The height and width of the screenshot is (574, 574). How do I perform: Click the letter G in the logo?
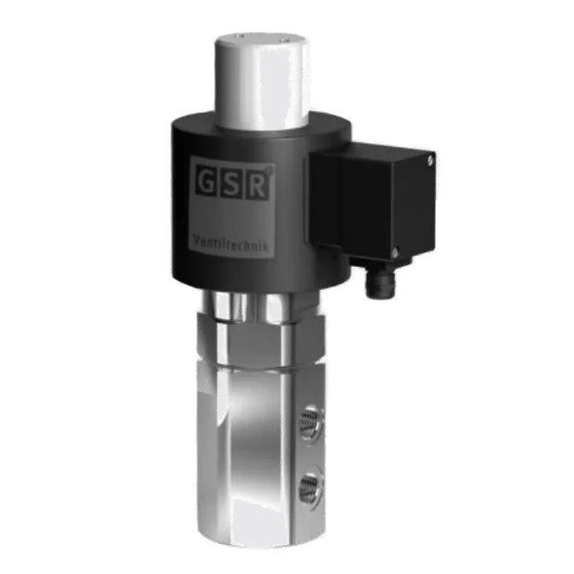point(206,182)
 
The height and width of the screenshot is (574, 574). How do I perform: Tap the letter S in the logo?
point(231,183)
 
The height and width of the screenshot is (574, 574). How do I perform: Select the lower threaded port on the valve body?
point(310,487)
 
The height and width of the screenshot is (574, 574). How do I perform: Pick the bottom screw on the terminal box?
point(395,253)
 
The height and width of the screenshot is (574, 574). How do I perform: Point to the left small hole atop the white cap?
point(239,36)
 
